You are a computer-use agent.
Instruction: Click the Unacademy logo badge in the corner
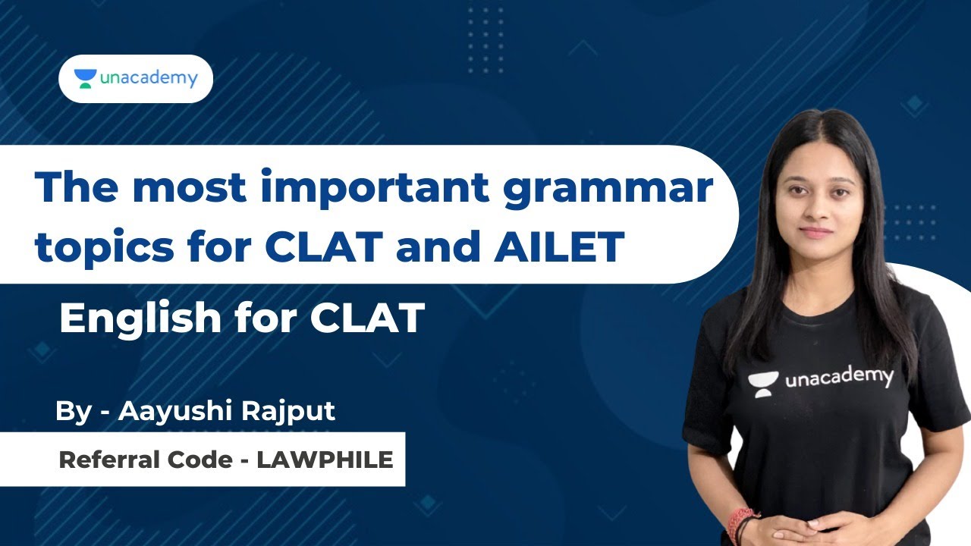coord(136,79)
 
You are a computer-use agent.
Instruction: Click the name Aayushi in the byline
coord(176,411)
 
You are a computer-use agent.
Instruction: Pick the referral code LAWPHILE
coord(325,460)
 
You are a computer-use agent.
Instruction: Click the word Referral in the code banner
coord(106,460)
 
